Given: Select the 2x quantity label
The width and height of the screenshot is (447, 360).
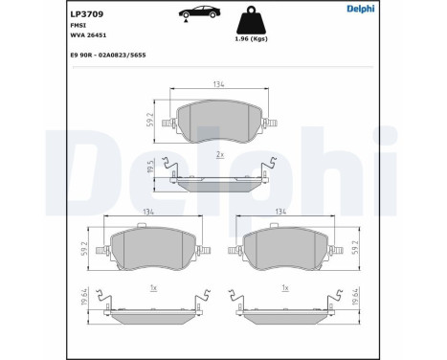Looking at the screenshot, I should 220,152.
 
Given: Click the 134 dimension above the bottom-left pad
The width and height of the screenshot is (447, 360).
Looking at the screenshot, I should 146,214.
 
